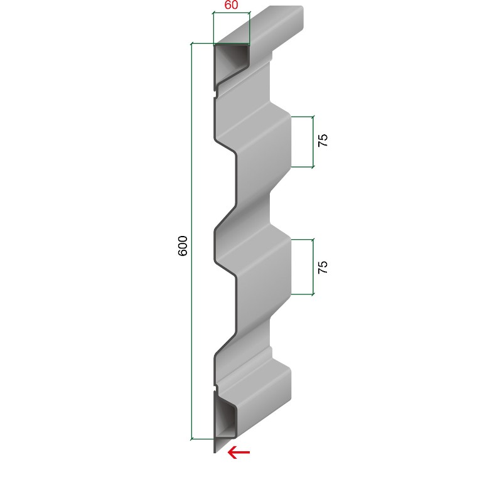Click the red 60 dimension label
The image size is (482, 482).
[x=231, y=5]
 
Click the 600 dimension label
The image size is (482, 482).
[x=183, y=245]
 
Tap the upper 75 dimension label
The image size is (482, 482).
[x=323, y=140]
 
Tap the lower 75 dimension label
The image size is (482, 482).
[x=323, y=267]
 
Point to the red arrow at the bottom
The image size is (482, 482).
[x=238, y=452]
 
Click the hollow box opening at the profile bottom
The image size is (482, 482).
[x=225, y=417]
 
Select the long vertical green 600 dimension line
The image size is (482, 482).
[x=191, y=242]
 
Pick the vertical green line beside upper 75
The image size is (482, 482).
[x=313, y=142]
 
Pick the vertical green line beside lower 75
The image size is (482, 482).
[x=313, y=267]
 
